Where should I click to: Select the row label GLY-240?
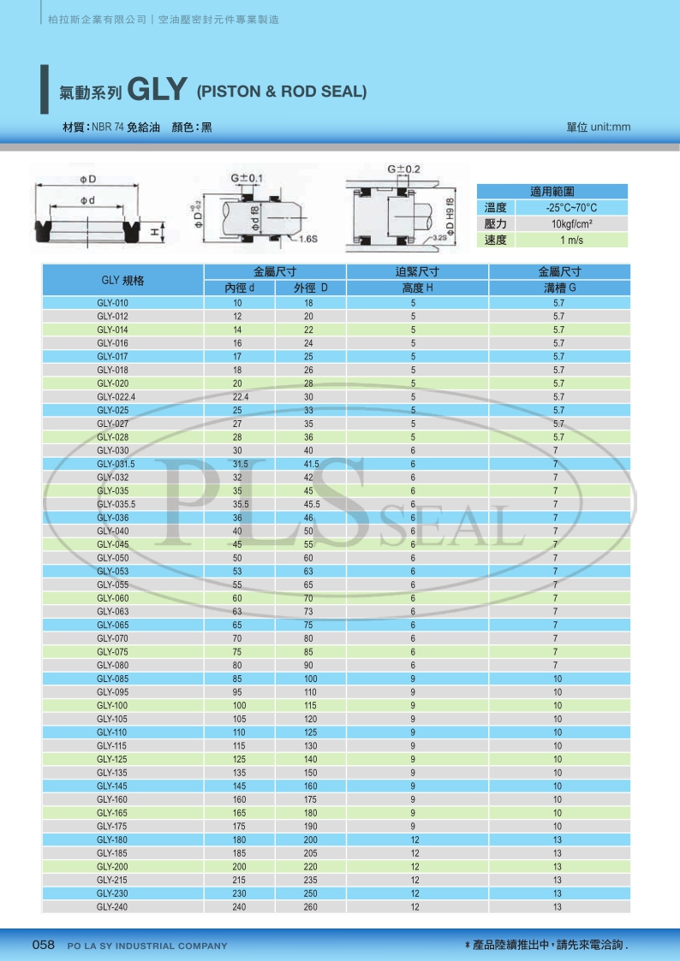112,907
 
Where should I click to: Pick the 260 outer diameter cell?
309,907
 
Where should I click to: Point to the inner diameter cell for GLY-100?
238,705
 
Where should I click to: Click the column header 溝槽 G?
558,288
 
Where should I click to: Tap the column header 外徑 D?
310,288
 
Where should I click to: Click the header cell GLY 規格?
122,281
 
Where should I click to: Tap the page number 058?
43,945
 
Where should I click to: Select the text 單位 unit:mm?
598,128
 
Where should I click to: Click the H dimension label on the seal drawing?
154,231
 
